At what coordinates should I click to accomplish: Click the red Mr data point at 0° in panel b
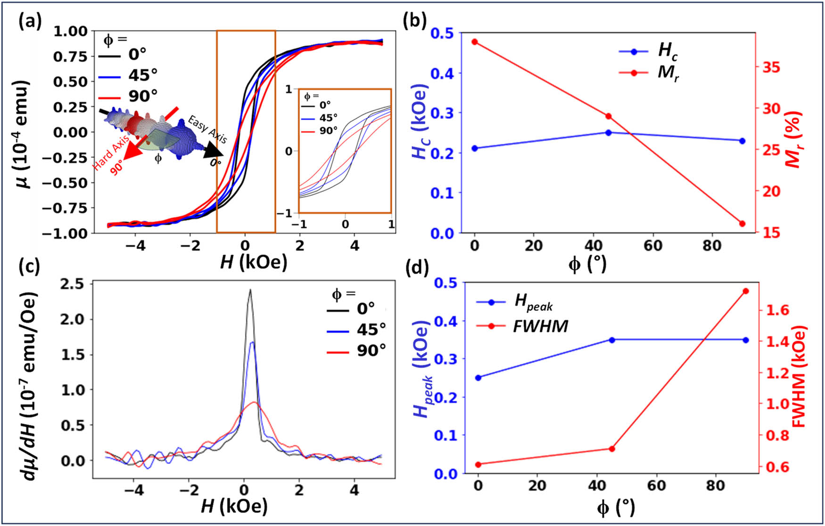pyautogui.click(x=475, y=42)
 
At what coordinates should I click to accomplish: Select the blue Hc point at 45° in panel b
pyautogui.click(x=608, y=133)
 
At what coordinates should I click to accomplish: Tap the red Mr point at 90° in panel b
pyautogui.click(x=742, y=224)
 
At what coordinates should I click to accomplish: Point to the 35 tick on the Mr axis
pyautogui.click(x=771, y=67)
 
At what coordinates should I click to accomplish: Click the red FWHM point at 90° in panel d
pyautogui.click(x=746, y=291)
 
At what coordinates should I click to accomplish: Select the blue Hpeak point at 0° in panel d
pyautogui.click(x=478, y=377)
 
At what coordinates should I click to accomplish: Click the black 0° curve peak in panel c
pyautogui.click(x=250, y=290)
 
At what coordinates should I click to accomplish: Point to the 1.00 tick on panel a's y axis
pyautogui.click(x=71, y=32)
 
